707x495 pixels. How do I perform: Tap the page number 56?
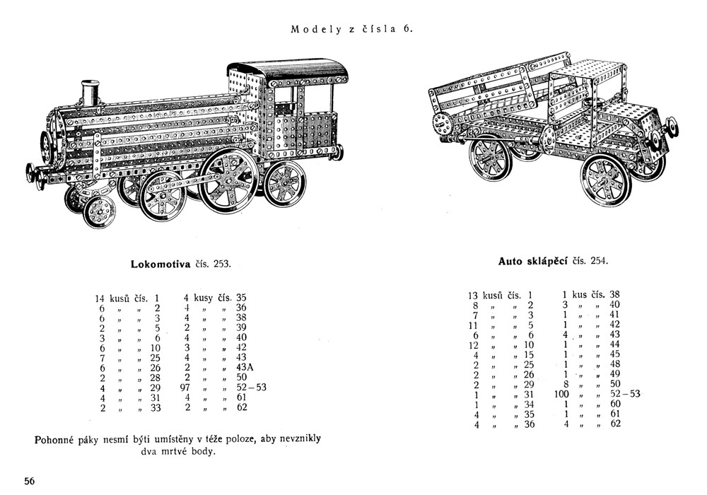click(x=29, y=481)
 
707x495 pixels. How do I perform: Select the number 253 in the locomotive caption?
click(x=222, y=264)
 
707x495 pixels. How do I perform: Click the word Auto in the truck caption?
click(x=511, y=261)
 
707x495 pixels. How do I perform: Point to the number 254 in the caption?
click(x=597, y=261)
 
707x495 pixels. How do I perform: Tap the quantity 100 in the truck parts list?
click(x=562, y=394)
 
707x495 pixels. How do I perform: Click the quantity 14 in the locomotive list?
click(x=100, y=298)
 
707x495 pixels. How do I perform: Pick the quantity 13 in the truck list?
click(x=474, y=295)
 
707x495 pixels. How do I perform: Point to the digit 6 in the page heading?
click(x=407, y=30)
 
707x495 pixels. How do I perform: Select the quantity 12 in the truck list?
click(x=474, y=344)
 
